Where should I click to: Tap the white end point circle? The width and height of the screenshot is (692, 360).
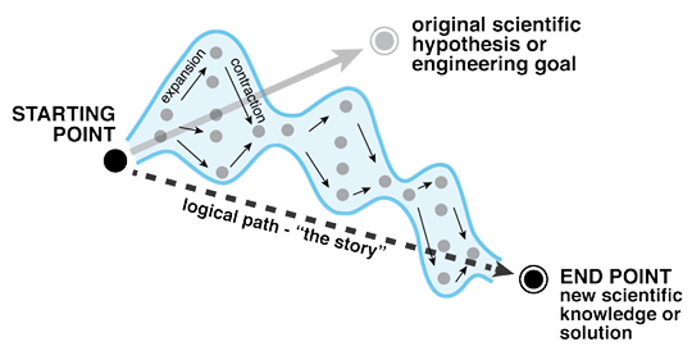tap(533, 279)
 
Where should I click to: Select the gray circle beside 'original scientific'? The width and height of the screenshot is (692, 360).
tap(384, 41)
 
